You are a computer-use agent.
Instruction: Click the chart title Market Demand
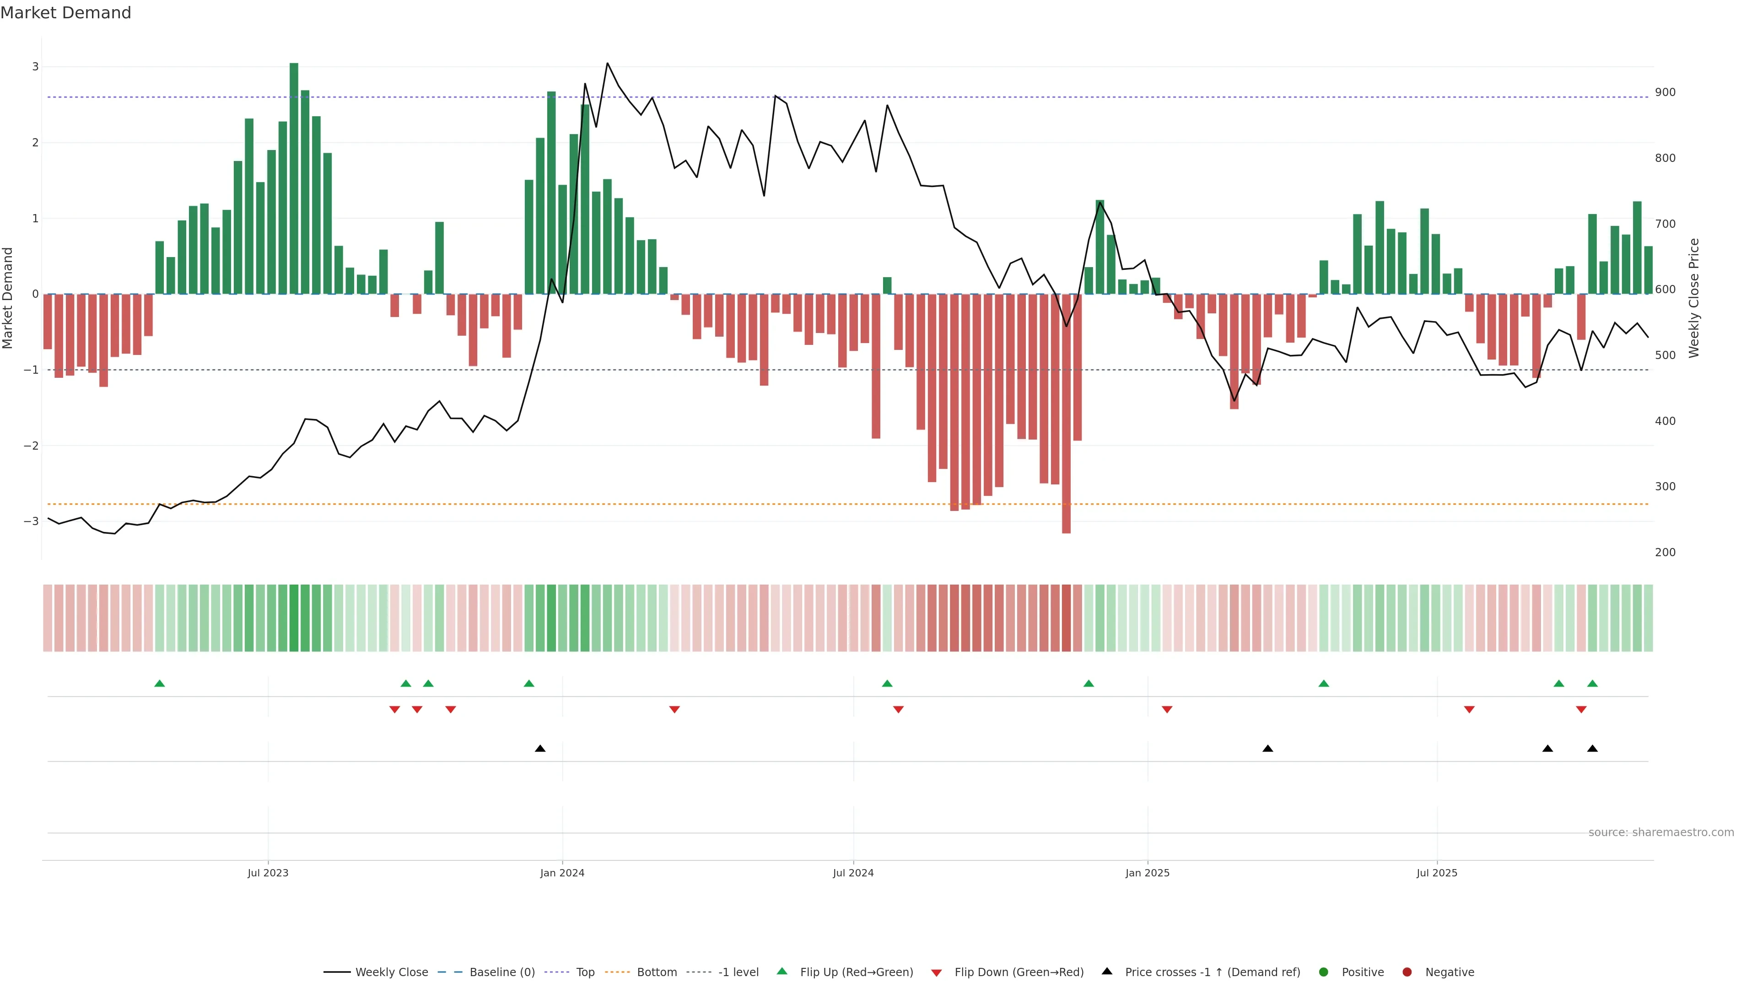pos(65,13)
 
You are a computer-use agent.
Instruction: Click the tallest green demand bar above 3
pos(294,177)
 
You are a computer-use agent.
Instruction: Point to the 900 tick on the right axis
pos(1665,92)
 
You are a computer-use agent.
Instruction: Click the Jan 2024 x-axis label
pos(562,873)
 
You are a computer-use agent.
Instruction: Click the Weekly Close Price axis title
pos(1694,298)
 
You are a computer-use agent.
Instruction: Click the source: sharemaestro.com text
pos(1661,832)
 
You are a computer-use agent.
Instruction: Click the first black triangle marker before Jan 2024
pos(540,749)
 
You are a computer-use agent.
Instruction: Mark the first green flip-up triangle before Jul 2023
pos(160,683)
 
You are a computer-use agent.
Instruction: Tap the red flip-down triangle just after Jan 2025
pos(1167,710)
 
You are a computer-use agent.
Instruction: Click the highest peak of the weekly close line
pos(607,64)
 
